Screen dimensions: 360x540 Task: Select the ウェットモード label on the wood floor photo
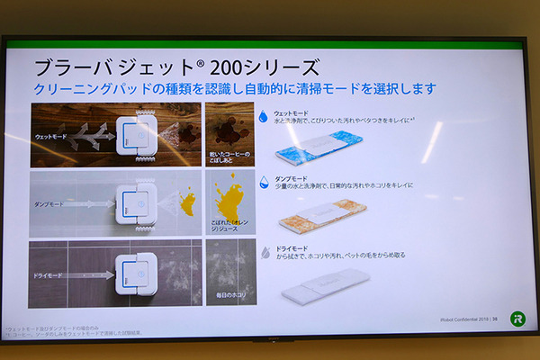[x=52, y=136]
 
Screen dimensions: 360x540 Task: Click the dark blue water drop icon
[x=263, y=115]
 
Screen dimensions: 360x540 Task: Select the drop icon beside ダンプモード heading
[x=263, y=181]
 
